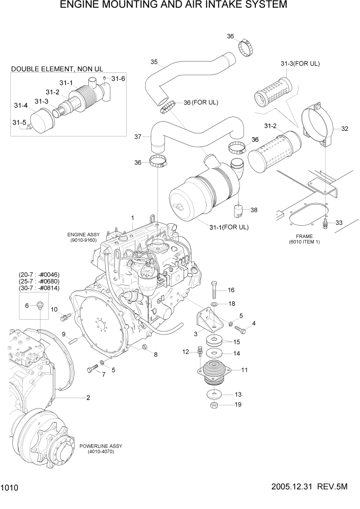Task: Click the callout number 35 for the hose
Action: pos(153,62)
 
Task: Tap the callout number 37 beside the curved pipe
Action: pos(137,137)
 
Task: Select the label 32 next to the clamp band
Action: pos(345,129)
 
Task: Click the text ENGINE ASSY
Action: pos(83,234)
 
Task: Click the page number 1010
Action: pos(10,489)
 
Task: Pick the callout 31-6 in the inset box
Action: pos(118,79)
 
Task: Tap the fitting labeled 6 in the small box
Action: pos(40,306)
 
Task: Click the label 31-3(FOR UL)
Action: pos(300,64)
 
